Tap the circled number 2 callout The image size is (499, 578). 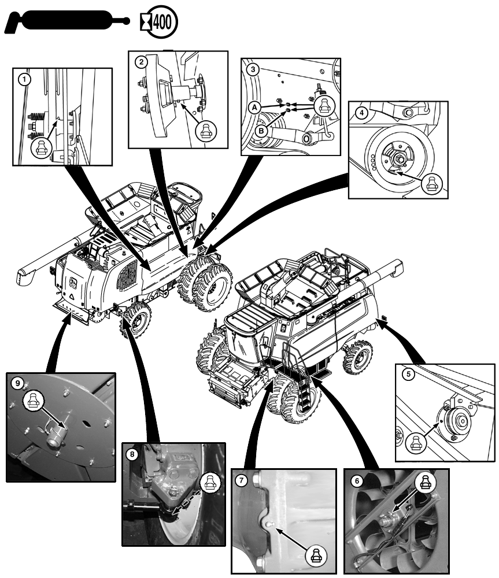(x=139, y=61)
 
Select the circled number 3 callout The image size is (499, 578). (x=252, y=69)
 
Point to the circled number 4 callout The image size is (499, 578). (x=361, y=113)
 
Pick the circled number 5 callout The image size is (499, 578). (x=408, y=375)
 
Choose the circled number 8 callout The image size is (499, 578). (x=133, y=454)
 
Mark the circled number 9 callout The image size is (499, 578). (x=19, y=383)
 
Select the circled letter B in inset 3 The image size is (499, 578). (x=261, y=131)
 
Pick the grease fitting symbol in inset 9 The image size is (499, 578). (x=33, y=398)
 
